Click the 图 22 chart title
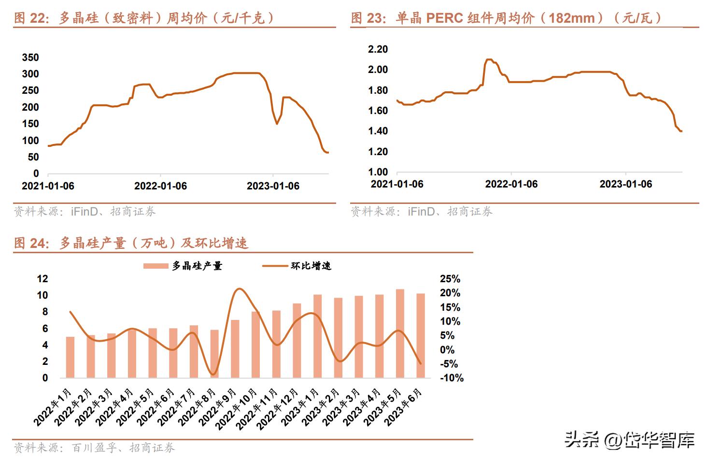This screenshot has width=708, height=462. click(144, 18)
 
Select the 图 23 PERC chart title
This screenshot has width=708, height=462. click(506, 18)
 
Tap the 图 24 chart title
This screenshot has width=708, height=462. click(131, 243)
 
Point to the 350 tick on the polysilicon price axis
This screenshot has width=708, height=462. click(30, 58)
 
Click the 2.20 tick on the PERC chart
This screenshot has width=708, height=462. click(378, 49)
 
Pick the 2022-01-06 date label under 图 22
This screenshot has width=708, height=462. click(160, 186)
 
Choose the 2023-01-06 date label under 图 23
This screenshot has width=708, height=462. click(625, 184)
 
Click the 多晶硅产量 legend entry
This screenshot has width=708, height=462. click(184, 266)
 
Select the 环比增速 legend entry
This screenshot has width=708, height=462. click(297, 266)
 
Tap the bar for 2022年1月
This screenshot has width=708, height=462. click(71, 357)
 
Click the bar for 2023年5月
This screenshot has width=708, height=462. click(400, 333)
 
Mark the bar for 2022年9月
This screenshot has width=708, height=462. click(235, 348)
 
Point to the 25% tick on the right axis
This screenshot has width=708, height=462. click(450, 279)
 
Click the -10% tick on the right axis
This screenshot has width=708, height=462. click(452, 378)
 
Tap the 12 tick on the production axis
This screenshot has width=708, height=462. click(42, 279)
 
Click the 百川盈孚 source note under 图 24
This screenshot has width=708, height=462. click(94, 448)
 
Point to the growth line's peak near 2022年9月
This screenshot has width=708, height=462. click(239, 289)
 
